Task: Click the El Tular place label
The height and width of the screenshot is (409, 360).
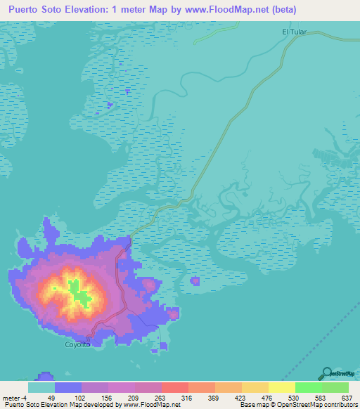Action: [x=295, y=32]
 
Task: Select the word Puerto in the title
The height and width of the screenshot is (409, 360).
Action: [x=28, y=10]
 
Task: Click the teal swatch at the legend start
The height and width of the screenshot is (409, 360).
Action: [x=41, y=387]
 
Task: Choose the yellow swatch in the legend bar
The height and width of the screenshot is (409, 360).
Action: [x=282, y=387]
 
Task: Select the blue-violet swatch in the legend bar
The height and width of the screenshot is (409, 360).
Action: [x=68, y=387]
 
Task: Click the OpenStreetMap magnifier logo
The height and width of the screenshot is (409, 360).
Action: [x=328, y=372]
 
